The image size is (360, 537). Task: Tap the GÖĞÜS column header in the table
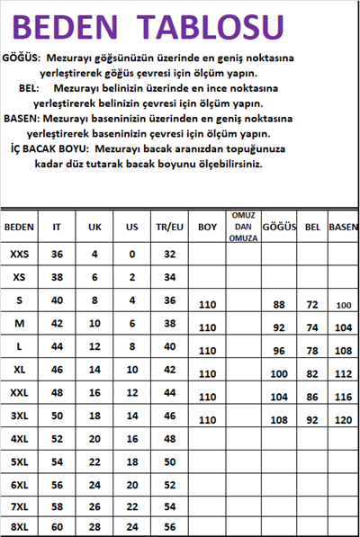[x=278, y=228]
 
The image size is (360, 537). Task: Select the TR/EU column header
[x=168, y=228]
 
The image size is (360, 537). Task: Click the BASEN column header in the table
[x=343, y=228]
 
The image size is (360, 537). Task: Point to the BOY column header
[x=208, y=228]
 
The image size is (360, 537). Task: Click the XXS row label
[x=20, y=255]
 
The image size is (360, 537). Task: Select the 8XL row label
[x=20, y=526]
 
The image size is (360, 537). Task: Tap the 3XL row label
[x=20, y=416]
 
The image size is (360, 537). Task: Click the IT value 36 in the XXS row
[x=57, y=255]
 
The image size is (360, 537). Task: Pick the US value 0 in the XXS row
[x=131, y=255]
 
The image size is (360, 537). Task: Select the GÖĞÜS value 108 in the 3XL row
[x=278, y=420]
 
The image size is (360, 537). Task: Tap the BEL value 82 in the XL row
[x=312, y=373]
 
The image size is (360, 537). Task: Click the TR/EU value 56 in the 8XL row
[x=168, y=526]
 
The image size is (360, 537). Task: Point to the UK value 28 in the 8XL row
[x=94, y=526]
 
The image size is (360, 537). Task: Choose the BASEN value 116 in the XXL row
[x=343, y=397]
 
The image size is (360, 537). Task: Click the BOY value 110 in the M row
[x=208, y=328]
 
